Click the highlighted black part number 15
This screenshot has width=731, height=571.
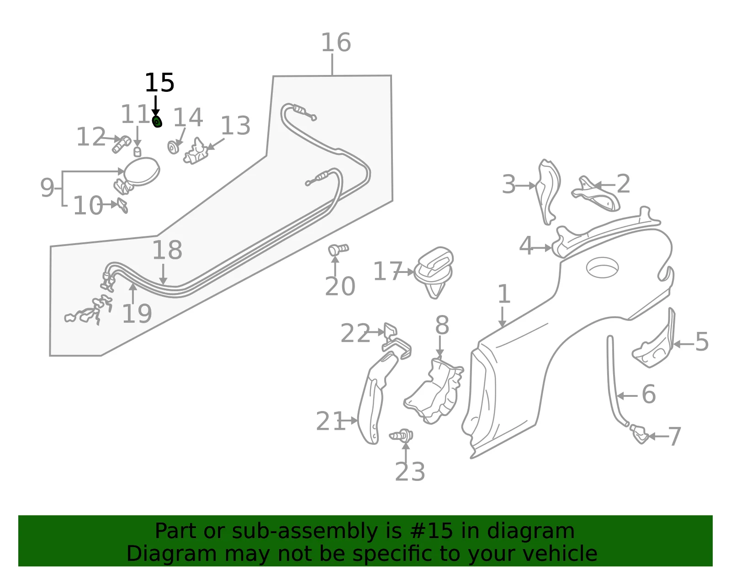[159, 83]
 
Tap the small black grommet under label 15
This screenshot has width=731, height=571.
[157, 122]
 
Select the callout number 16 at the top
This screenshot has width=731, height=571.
[336, 43]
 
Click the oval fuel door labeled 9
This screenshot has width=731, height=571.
[142, 171]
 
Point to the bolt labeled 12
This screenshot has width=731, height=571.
[121, 144]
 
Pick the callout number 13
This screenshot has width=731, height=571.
[235, 126]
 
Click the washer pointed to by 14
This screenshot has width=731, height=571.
[173, 147]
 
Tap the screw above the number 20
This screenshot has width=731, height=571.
[338, 250]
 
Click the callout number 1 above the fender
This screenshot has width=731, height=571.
[504, 294]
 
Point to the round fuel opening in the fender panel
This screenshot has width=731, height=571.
[602, 267]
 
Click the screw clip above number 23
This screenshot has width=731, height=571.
[402, 436]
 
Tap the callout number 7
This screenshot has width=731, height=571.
[674, 437]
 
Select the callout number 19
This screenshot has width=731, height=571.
[137, 314]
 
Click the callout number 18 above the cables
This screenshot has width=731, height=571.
[167, 250]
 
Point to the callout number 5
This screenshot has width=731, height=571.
[702, 342]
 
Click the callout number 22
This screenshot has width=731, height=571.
[355, 333]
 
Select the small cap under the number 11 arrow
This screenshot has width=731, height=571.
[137, 152]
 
